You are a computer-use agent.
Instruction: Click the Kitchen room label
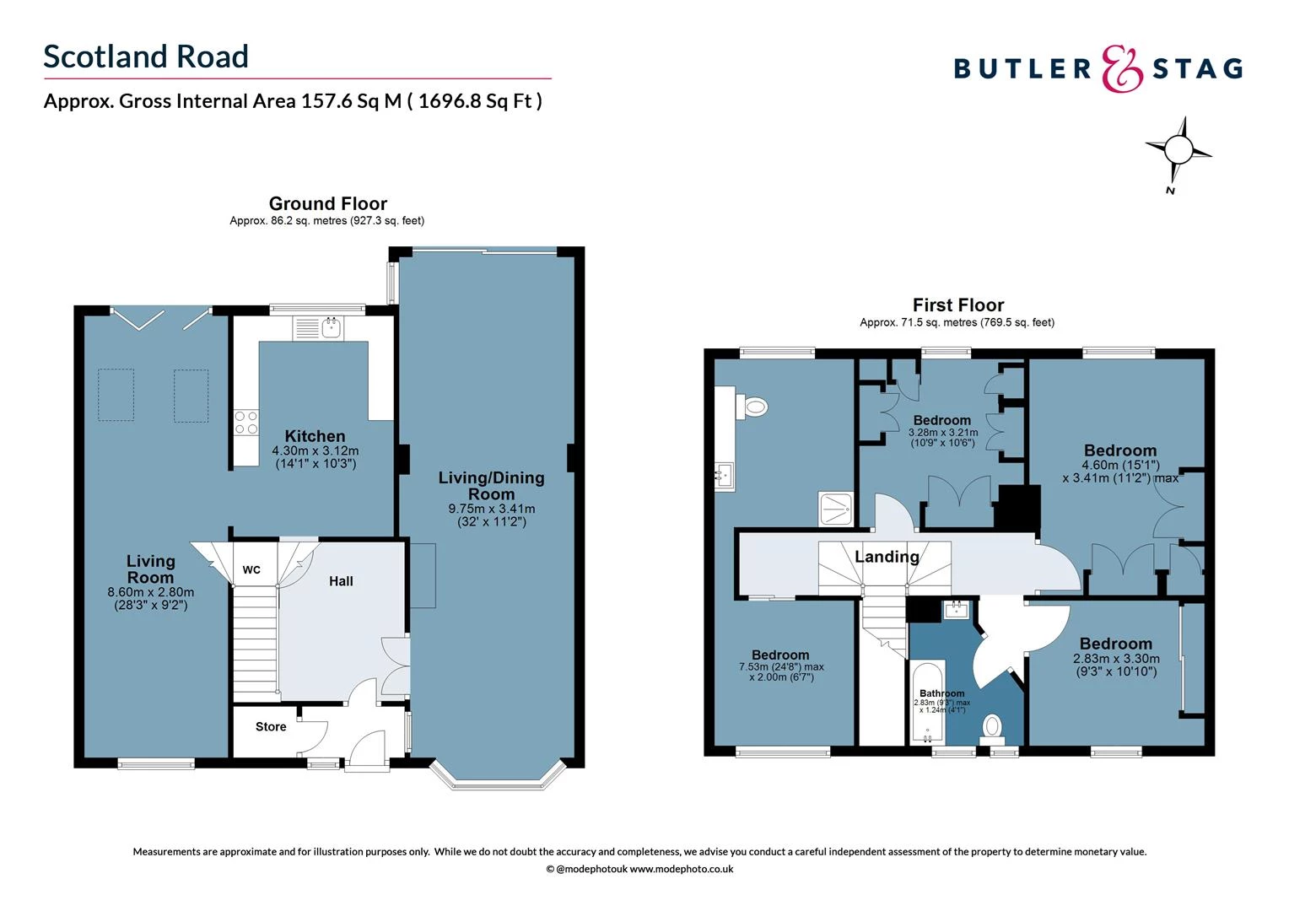tap(315, 436)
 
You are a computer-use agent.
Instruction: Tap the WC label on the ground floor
tap(251, 570)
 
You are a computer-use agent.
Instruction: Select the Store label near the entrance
tap(271, 726)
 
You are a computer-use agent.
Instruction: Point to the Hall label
tap(341, 581)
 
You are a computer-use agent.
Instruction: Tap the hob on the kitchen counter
tap(246, 423)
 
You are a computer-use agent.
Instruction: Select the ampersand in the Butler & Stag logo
tap(1123, 68)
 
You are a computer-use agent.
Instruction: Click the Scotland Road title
tap(146, 57)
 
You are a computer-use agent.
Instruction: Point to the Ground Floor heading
tap(327, 203)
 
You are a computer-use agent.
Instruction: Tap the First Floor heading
tap(957, 305)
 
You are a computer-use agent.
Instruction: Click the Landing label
tap(887, 557)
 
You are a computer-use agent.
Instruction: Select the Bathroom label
tap(941, 693)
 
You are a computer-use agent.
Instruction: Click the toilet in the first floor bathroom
tap(993, 726)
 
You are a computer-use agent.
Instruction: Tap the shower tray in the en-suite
tap(836, 509)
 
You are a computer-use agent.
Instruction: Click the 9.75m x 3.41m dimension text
tap(491, 509)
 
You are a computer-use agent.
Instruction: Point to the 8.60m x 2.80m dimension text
tap(150, 592)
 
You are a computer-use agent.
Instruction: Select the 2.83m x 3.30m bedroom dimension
tap(1115, 659)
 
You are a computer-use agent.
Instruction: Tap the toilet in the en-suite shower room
tap(752, 407)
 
